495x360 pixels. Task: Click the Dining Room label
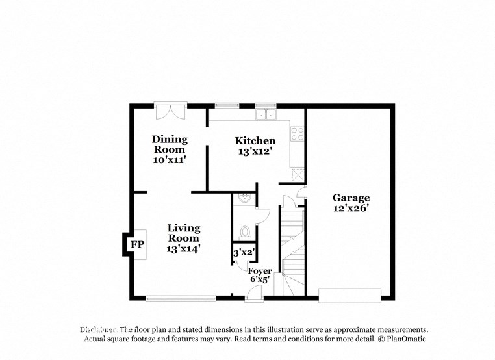pos(170,144)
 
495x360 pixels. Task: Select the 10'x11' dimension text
pos(170,159)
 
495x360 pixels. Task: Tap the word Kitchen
pos(255,140)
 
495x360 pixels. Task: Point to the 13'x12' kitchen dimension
pos(255,151)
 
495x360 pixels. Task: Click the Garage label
pos(351,198)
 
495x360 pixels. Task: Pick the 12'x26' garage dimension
pos(351,209)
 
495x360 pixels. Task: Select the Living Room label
pos(183,233)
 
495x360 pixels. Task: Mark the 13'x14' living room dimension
pos(183,248)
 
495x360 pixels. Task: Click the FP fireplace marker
pos(136,245)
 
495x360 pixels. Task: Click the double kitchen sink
pos(266,116)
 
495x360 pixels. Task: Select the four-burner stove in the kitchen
pos(298,134)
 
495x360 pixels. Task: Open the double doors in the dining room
pos(170,111)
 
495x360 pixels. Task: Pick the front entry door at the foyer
pos(254,294)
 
